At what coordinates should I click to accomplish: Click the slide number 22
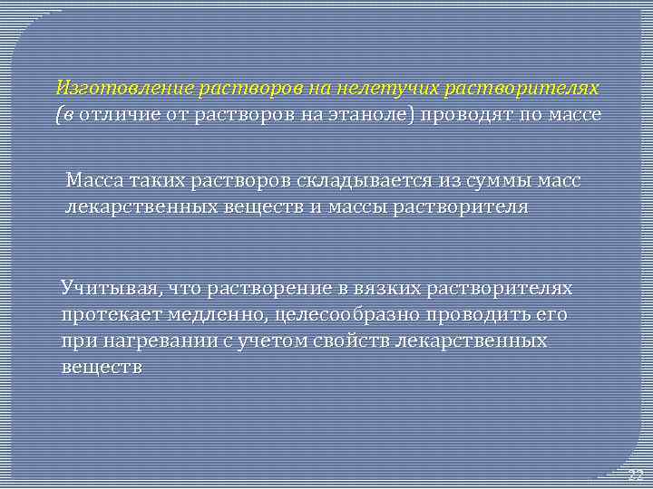(634, 475)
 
